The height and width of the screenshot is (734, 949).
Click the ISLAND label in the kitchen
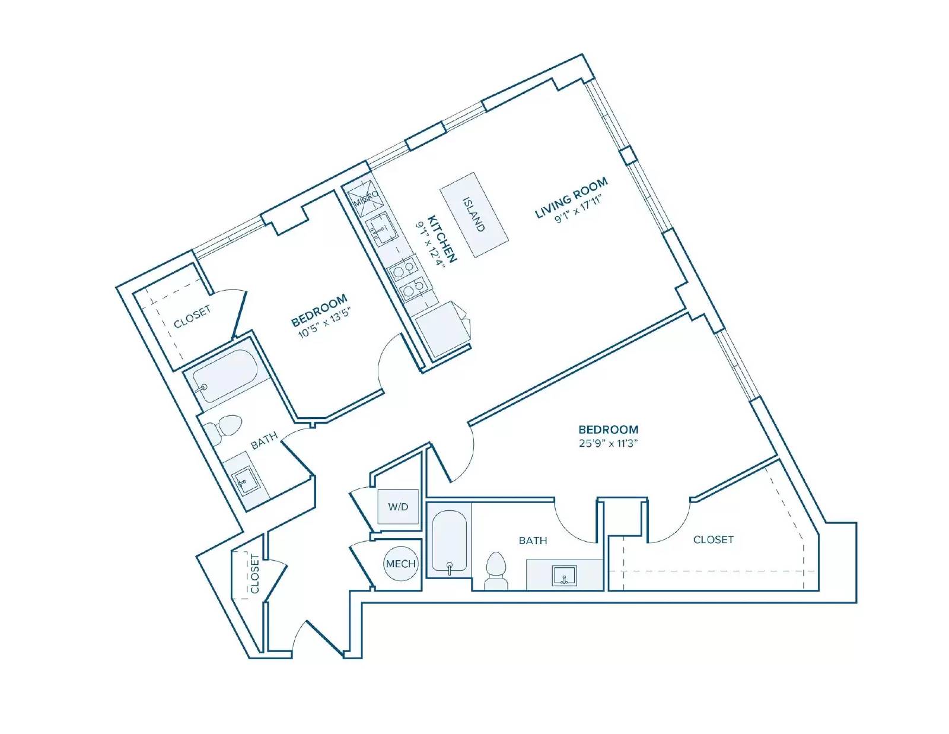coord(474,214)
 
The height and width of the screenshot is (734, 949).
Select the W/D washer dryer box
coord(399,507)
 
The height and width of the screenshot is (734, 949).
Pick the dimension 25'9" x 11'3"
coord(609,443)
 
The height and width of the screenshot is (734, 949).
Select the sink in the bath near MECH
coord(565,575)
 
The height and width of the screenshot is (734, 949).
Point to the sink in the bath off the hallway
coord(244,481)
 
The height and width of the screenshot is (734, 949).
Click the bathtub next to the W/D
coord(450,541)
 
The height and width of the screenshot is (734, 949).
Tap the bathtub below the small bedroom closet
coord(225,376)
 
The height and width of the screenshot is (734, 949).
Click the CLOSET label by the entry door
coord(254,574)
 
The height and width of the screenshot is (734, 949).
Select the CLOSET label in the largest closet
coord(713,539)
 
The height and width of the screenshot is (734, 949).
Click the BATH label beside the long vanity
coord(533,541)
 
